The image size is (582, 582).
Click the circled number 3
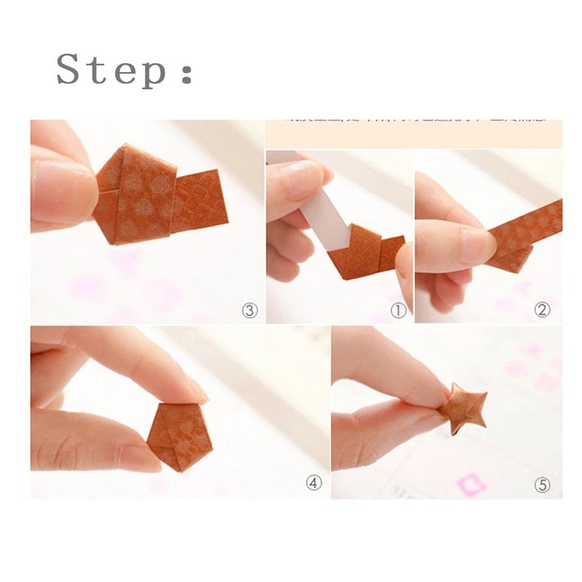pyautogui.click(x=250, y=311)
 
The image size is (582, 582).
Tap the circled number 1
pyautogui.click(x=398, y=311)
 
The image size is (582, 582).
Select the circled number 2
pyautogui.click(x=542, y=311)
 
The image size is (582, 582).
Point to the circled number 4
pyautogui.click(x=314, y=484)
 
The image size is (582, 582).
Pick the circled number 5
pyautogui.click(x=542, y=485)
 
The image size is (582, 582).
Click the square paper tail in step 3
pyautogui.click(x=201, y=198)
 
